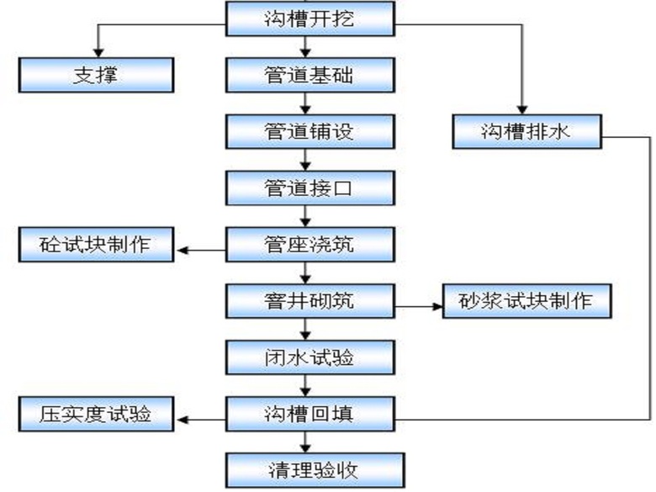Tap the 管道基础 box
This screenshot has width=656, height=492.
pyautogui.click(x=309, y=75)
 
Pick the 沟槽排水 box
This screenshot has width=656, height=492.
pyautogui.click(x=527, y=131)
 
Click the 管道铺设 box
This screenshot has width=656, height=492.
pyautogui.click(x=309, y=131)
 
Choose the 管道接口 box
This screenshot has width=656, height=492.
pyautogui.click(x=309, y=188)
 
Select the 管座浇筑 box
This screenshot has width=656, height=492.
pyautogui.click(x=309, y=245)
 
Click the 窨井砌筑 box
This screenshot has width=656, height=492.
pyautogui.click(x=309, y=301)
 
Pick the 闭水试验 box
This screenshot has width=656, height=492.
pyautogui.click(x=309, y=357)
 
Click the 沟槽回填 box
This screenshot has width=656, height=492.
pyautogui.click(x=309, y=414)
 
